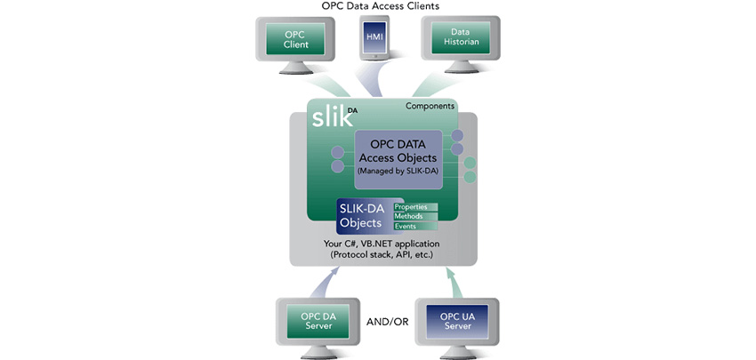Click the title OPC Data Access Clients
click(382, 6)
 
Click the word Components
click(430, 107)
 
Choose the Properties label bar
click(414, 206)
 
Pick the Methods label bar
click(414, 216)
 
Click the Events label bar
click(414, 226)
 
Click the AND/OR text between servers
click(382, 321)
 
